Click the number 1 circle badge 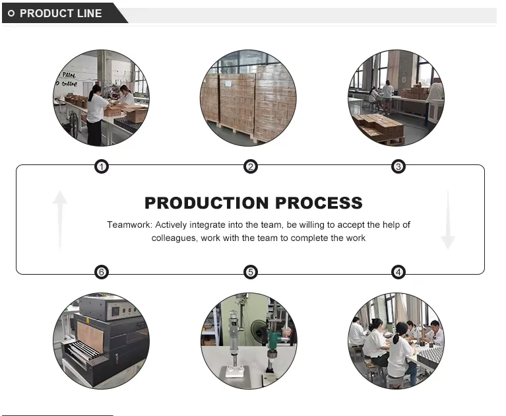click(101, 166)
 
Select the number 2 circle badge click(251, 166)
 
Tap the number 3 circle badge click(398, 166)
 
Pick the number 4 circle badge click(398, 272)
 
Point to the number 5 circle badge click(251, 272)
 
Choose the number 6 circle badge click(101, 272)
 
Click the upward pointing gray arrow click(60, 219)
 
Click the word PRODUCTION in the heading click(207, 203)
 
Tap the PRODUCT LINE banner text click(61, 13)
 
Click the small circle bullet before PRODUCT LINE click(11, 13)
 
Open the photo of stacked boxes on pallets click(249, 97)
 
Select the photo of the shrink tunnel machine click(101, 341)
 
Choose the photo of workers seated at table click(396, 341)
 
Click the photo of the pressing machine click(249, 341)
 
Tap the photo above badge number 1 click(101, 97)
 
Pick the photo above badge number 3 click(396, 97)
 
